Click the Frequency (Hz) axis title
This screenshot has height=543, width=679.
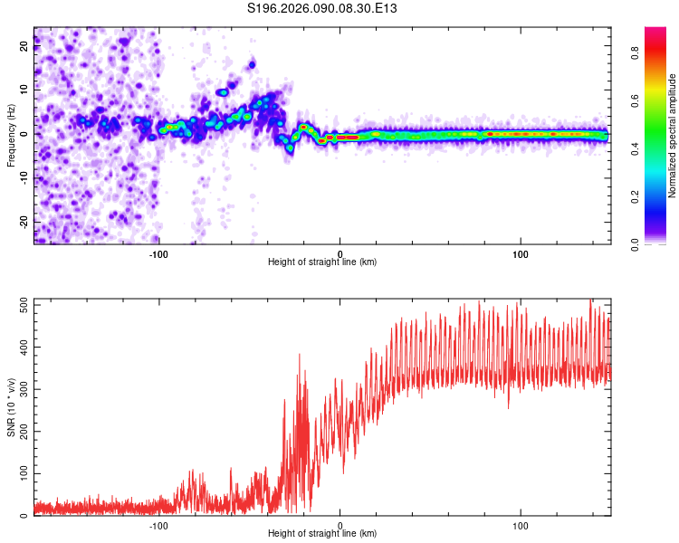pyautogui.click(x=11, y=135)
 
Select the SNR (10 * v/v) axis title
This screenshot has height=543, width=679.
pyautogui.click(x=11, y=406)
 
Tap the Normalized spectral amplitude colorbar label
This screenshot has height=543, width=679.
pyautogui.click(x=672, y=136)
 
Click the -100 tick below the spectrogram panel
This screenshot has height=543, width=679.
pyautogui.click(x=159, y=252)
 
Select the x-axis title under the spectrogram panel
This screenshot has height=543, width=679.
pyautogui.click(x=322, y=262)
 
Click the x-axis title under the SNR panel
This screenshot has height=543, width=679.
pyautogui.click(x=322, y=534)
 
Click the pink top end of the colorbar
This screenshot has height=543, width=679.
pyautogui.click(x=655, y=32)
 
